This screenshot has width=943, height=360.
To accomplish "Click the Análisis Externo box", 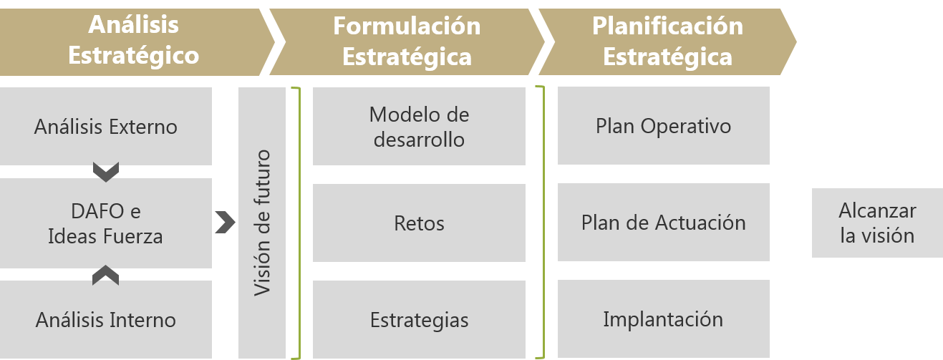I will coord(106,126).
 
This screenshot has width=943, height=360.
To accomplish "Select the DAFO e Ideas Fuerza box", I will coord(106,223).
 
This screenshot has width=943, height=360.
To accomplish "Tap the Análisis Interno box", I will coord(106,319).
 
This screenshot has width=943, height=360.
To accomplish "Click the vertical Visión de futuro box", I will coord(262,223).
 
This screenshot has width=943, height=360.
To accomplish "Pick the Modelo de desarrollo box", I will coord(419,126).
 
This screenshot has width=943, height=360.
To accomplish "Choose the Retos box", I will coord(419,223).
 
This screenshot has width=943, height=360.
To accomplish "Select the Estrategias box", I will coord(419,319).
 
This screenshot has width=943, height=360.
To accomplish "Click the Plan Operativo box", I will coord(663,126).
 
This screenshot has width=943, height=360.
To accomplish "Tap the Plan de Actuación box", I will coord(663,222).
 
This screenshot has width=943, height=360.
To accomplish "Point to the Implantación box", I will coord(663,318).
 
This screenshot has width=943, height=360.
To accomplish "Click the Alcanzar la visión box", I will coord(877,223).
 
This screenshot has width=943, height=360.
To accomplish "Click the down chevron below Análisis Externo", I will coord(106,172).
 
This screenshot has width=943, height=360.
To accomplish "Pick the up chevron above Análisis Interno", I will coord(106,275).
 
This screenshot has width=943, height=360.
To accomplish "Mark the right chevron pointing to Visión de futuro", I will coord(225,223).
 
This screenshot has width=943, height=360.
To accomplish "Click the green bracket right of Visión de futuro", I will coord(296,223).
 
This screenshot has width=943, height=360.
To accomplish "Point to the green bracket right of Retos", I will coord(541,223).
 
